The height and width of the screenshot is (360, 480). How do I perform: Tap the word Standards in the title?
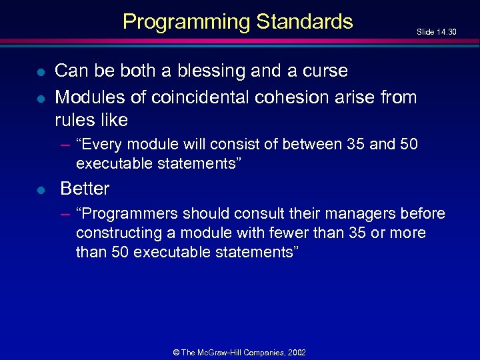click(x=304, y=22)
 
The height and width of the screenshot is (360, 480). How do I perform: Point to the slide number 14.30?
click(x=444, y=31)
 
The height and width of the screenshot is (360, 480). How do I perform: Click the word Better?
click(x=85, y=189)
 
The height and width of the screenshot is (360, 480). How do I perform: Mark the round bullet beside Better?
click(x=41, y=190)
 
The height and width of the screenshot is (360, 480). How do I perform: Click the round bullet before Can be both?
click(x=41, y=72)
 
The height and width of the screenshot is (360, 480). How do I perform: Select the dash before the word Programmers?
click(x=65, y=213)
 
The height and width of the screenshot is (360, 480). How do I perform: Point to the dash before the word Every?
click(x=65, y=144)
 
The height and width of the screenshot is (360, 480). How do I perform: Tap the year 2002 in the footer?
click(x=297, y=352)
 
